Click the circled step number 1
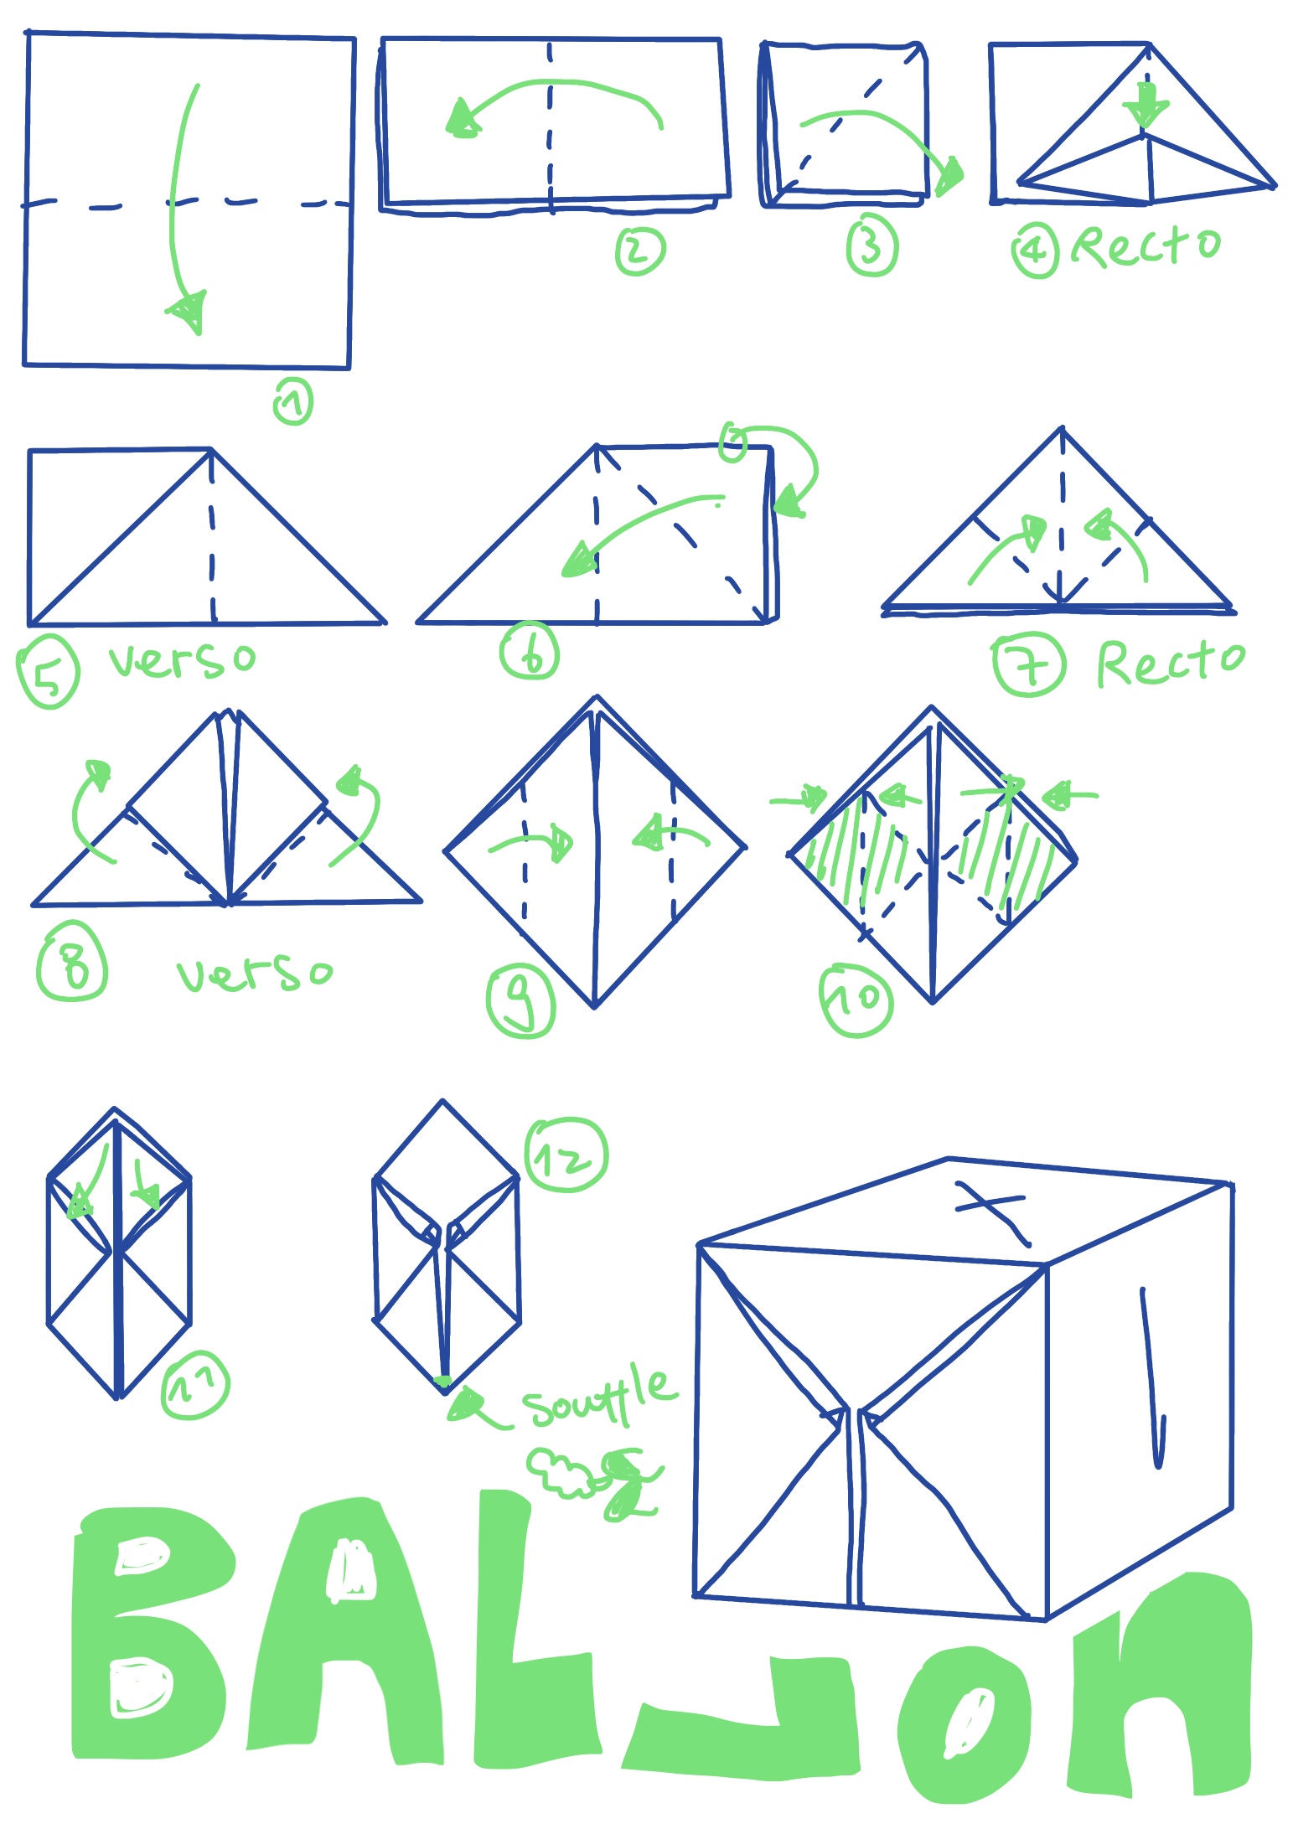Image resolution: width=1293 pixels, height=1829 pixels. coord(293,401)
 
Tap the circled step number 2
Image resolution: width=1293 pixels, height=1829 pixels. coord(640,251)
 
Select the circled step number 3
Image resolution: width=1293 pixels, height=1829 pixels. coord(871,247)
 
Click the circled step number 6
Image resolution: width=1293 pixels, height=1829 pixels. coord(530,651)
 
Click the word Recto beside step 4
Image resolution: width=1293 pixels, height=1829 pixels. coord(1146,246)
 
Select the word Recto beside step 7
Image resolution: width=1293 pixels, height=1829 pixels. coord(1171,663)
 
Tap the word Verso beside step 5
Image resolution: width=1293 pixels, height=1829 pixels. coord(182,660)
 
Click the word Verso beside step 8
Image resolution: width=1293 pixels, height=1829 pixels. coord(255,973)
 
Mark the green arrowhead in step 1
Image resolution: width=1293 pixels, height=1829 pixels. coord(189,312)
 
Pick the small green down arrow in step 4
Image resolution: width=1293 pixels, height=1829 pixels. coord(1146,107)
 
